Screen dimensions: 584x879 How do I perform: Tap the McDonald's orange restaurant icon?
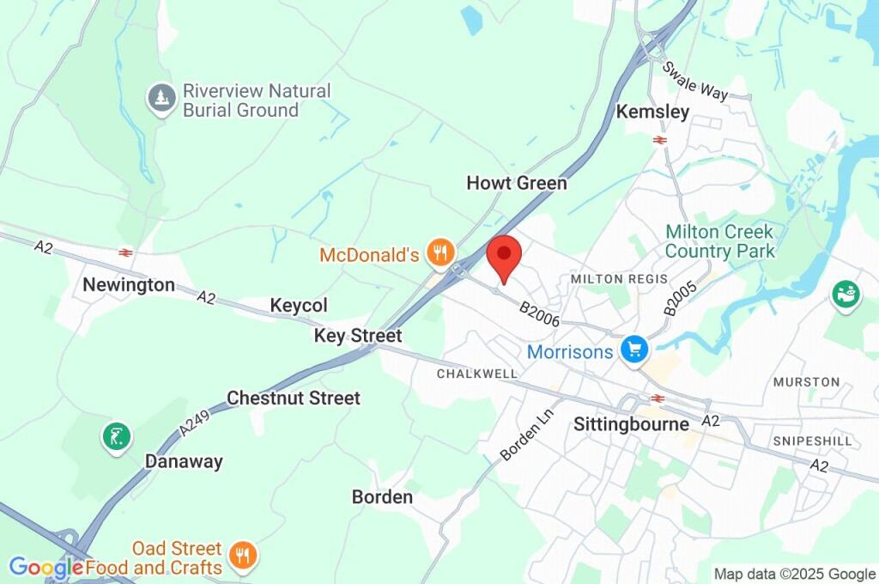[x=441, y=252]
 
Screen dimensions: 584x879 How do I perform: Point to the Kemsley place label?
[x=652, y=113]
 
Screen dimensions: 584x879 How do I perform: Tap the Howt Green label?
[x=517, y=183]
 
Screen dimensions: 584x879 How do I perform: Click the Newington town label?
[x=129, y=285]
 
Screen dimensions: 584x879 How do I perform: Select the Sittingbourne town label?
[x=631, y=424]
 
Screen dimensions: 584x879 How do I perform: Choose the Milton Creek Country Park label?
[x=719, y=241]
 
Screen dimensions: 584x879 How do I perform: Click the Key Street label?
[x=358, y=336]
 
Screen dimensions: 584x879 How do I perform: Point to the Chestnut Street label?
[x=294, y=398]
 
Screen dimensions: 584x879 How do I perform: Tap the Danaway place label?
[x=184, y=461]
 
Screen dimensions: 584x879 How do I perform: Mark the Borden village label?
[x=382, y=497]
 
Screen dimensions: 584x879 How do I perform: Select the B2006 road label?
[x=540, y=313]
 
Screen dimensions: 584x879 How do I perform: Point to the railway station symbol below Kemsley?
[x=659, y=139]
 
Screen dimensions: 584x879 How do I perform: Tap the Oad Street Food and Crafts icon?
[x=244, y=556]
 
